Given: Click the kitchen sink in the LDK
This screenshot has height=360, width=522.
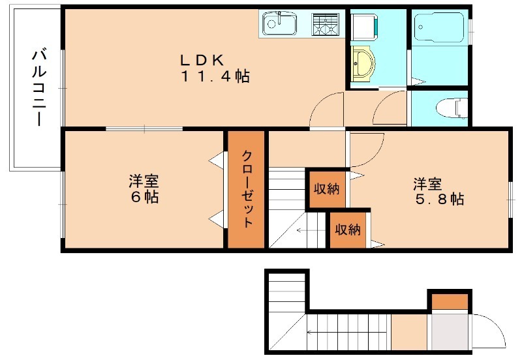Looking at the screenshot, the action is [279, 23].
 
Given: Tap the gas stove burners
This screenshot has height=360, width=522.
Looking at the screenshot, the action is [324, 24].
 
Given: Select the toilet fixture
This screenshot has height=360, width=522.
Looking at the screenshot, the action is [452, 107].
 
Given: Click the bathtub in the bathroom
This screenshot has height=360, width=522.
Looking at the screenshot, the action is [439, 27].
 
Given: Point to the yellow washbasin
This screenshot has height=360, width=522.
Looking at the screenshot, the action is [363, 63].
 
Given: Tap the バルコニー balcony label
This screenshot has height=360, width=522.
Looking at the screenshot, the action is [39, 88].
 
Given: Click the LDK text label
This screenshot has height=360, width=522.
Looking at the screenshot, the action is [202, 60].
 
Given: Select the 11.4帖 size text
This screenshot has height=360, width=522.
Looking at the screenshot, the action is [215, 76].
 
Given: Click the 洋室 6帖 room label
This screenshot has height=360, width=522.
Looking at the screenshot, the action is [144, 189].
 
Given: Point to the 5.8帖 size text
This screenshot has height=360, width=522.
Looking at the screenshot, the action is [439, 199].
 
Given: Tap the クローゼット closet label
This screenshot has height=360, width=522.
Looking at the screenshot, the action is [247, 189].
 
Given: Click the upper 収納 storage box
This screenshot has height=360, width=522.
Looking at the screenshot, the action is [326, 188].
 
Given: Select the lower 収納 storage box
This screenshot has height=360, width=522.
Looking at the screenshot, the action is [348, 230].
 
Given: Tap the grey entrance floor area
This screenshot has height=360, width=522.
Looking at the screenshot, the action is [450, 332].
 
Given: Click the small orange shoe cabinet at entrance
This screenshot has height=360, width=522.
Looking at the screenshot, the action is [450, 301].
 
